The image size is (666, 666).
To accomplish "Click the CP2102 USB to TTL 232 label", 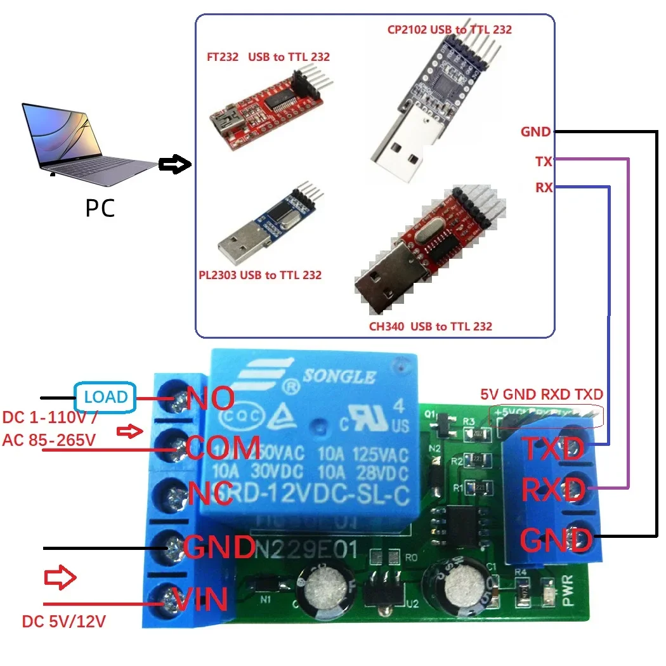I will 449,29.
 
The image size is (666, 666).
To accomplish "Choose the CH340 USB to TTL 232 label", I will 430,327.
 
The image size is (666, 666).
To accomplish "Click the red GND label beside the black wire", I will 536,132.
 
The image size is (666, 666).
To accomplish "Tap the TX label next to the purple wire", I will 543,162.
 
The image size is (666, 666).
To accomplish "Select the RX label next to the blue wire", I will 544,188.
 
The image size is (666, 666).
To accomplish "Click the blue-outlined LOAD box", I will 105,397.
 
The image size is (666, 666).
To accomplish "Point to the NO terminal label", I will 210,398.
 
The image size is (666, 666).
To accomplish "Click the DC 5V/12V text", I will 63,621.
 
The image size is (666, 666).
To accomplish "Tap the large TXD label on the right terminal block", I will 552,449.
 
